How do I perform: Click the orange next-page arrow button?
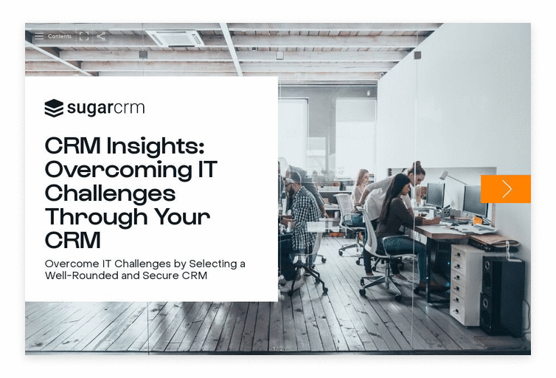tap(506, 189)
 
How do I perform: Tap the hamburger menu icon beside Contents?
tap(39, 36)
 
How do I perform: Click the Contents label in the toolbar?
tap(60, 36)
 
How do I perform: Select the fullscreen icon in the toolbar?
tap(84, 36)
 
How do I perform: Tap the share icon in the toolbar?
tap(101, 36)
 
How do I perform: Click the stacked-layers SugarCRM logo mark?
tap(54, 108)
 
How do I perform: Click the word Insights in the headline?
tap(156, 146)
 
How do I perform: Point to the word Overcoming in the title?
tap(119, 170)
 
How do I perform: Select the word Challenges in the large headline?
tap(111, 193)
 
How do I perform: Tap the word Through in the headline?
tap(96, 217)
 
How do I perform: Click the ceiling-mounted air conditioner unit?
tap(176, 38)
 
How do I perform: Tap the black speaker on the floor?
tap(502, 295)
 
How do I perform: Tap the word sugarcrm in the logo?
tap(106, 108)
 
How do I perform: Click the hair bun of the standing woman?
tap(417, 165)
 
